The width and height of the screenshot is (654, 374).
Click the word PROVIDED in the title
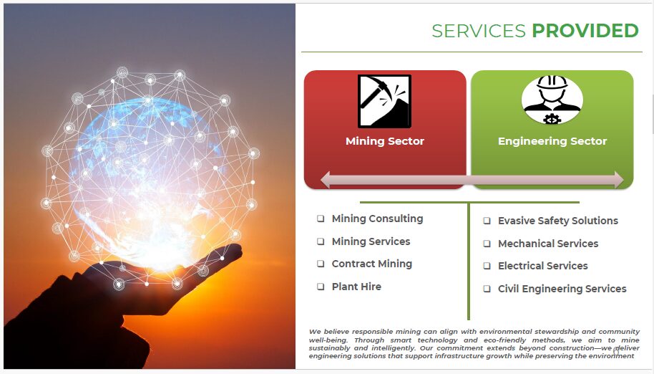[585, 31]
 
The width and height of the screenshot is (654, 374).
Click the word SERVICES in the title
[479, 31]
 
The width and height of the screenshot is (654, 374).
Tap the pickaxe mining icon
[384, 101]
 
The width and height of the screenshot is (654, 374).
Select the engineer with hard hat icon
[552, 100]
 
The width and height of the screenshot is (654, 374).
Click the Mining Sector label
[384, 141]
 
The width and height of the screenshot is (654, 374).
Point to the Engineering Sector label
[552, 141]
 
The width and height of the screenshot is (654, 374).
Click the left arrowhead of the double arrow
[326, 180]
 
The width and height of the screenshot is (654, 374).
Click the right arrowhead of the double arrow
[619, 180]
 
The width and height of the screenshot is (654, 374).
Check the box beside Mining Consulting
[321, 219]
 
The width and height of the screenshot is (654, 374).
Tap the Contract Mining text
[371, 264]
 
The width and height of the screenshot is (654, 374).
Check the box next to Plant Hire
[321, 287]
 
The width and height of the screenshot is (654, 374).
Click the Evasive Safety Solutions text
[557, 221]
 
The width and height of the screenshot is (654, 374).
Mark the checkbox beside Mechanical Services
[487, 244]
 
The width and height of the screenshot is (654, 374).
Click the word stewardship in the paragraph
[557, 332]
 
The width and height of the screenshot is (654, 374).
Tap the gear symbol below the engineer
[552, 119]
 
